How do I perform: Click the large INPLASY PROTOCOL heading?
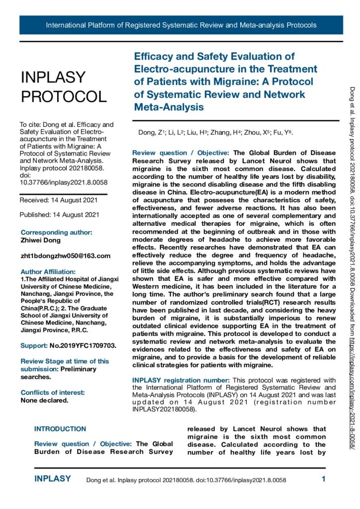click(x=63, y=86)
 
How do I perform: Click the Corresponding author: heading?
click(x=56, y=233)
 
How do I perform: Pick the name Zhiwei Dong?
click(x=41, y=241)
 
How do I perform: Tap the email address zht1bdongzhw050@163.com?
click(x=65, y=256)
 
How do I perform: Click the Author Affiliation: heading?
click(x=48, y=271)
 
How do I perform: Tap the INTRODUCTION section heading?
click(x=60, y=429)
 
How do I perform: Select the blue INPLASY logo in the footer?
click(x=53, y=479)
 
